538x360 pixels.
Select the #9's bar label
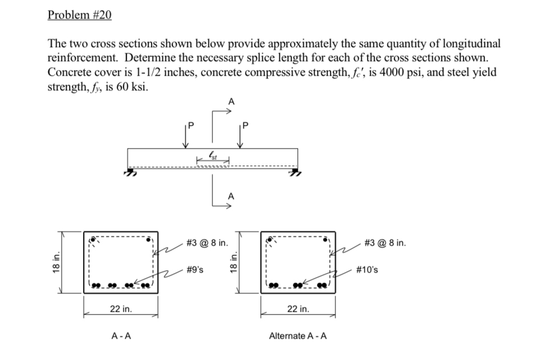pos(195,269)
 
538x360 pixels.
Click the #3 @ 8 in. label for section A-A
pos(206,243)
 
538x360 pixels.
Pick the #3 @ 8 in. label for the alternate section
pos(384,243)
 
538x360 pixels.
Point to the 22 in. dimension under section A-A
pos(121,309)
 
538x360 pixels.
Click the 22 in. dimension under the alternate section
pos(298,309)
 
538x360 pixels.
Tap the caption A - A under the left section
pos(121,336)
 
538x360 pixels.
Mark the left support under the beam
pos(131,173)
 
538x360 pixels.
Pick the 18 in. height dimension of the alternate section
pos(234,262)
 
